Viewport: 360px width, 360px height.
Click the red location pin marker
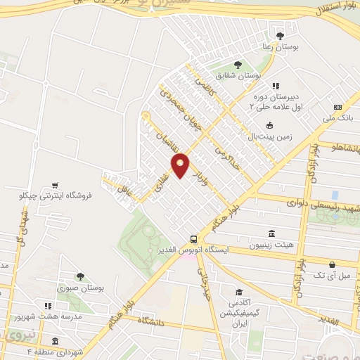click(x=181, y=165)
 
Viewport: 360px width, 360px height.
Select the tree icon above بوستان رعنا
click(x=281, y=35)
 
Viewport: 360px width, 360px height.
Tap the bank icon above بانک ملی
click(x=338, y=107)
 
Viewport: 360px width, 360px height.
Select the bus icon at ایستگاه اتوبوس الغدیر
click(x=193, y=238)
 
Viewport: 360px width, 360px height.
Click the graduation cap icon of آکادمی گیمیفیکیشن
click(x=240, y=292)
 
